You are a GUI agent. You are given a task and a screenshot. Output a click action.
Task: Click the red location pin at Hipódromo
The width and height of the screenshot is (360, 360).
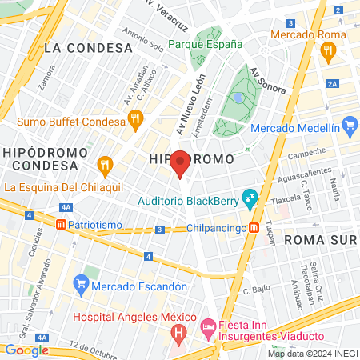[x=181, y=162]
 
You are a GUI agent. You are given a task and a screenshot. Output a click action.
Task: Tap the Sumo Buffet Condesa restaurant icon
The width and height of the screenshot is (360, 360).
[x=135, y=120]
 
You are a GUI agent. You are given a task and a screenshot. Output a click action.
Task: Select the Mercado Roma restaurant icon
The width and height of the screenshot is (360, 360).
[x=327, y=50]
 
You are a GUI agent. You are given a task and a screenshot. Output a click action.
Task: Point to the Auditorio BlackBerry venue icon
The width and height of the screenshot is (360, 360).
[x=250, y=195]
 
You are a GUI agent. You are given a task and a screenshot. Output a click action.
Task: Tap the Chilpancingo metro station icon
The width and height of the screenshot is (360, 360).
[x=254, y=227]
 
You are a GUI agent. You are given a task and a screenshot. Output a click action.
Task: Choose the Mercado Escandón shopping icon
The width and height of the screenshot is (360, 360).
[x=80, y=283]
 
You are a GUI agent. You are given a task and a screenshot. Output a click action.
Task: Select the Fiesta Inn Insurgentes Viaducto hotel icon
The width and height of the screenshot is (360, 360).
[x=207, y=326]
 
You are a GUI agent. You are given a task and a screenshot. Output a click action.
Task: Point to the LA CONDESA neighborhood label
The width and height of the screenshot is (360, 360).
[x=88, y=48]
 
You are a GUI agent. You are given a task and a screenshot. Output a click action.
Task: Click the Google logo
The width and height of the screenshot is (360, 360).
[x=26, y=350]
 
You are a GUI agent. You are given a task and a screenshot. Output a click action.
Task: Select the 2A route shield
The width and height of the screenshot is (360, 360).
[x=333, y=83]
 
